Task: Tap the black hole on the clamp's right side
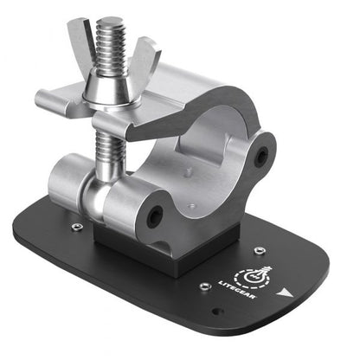pos(260,155)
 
